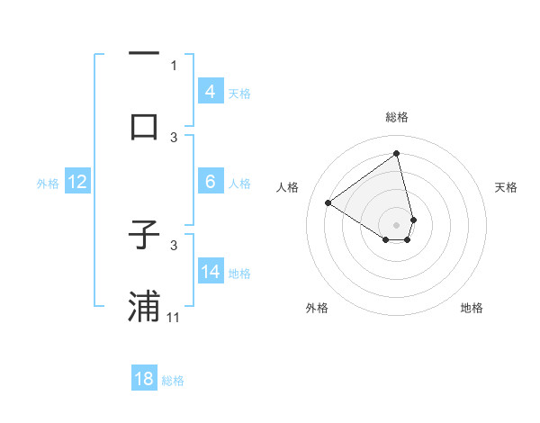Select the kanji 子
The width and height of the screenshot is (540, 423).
(x=145, y=235)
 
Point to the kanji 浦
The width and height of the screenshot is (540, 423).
(x=145, y=306)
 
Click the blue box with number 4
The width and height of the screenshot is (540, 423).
(x=210, y=92)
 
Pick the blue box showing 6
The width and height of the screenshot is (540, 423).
(x=210, y=182)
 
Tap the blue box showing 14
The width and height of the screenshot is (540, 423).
(x=211, y=271)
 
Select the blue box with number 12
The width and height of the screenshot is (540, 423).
(x=77, y=182)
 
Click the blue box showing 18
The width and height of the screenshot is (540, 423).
(x=144, y=379)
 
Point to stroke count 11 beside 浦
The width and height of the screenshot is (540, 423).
(x=175, y=318)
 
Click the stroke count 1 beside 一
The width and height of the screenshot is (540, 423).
(x=175, y=65)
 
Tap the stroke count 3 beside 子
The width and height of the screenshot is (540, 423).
(x=175, y=245)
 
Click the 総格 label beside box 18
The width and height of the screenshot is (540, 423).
(x=173, y=381)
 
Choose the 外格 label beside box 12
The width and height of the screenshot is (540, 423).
(x=48, y=184)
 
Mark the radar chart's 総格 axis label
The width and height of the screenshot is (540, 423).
(x=397, y=117)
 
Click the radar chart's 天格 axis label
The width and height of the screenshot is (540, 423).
(x=507, y=187)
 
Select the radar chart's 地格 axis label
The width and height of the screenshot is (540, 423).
(x=472, y=309)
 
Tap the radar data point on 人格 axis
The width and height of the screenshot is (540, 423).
(x=328, y=203)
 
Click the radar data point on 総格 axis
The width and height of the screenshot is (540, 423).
(x=397, y=154)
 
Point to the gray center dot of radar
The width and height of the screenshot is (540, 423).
(x=397, y=225)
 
